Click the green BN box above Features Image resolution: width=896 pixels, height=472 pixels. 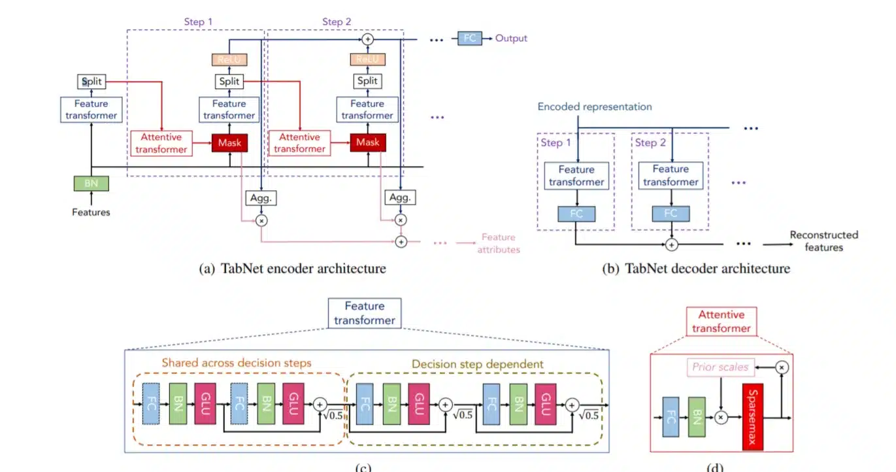[91, 183]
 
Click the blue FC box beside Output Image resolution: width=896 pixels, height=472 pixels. [469, 38]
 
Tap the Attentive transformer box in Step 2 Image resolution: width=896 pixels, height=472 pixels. [299, 143]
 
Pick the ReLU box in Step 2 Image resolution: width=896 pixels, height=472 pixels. [367, 59]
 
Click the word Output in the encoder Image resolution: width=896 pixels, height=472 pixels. [511, 38]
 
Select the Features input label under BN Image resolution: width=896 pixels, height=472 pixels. [91, 212]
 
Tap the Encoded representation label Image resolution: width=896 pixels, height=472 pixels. [594, 107]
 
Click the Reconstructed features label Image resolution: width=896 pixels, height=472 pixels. [823, 241]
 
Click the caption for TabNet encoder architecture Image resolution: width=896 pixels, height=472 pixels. [291, 269]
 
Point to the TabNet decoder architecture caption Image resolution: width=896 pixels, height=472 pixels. [695, 269]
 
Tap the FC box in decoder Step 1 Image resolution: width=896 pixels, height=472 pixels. [576, 213]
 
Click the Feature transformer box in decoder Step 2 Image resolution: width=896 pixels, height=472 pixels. [671, 176]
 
